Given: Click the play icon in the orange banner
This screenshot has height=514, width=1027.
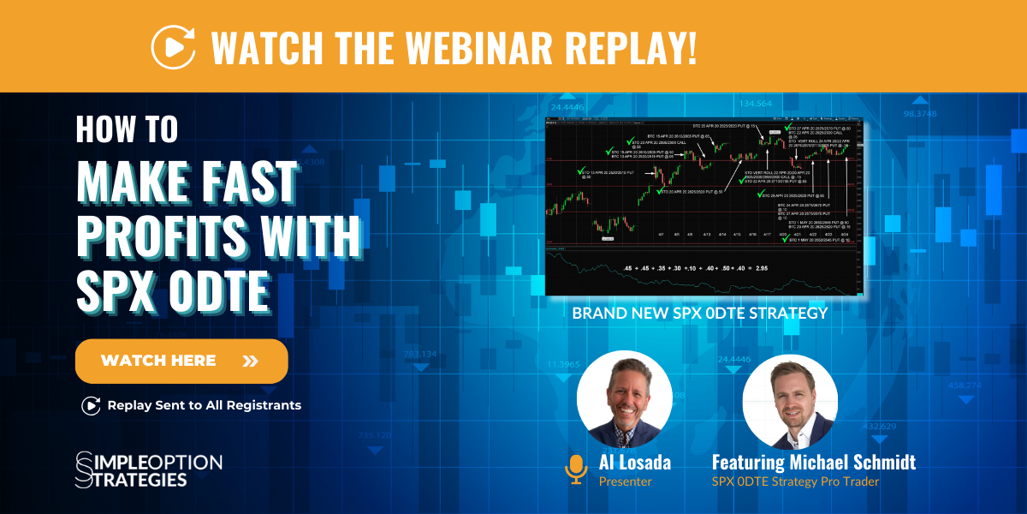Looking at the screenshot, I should pos(173,46).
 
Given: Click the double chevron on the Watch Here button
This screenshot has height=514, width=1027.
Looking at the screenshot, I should pos(250,361).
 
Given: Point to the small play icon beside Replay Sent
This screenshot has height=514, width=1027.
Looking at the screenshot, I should pos(90,405).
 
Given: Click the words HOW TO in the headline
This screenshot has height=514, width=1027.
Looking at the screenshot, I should pos(127,129).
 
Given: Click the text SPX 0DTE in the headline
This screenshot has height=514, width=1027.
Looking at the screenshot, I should pos(173,291).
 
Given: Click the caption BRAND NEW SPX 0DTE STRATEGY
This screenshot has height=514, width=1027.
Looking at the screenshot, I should pos(699,314).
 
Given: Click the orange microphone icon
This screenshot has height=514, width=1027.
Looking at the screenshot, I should pos(575,469).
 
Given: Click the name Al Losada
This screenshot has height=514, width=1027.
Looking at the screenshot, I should pos(635,463).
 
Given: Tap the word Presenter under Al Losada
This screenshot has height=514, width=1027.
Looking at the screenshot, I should pos(625,482).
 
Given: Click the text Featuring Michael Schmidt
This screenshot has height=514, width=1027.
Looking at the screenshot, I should pos(813,463).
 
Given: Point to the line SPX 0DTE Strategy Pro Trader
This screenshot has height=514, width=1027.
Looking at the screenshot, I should pos(795,482).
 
